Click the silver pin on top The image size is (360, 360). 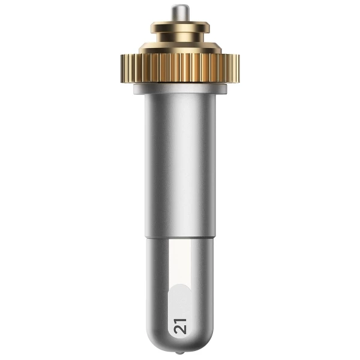180,13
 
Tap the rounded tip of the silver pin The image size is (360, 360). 180,6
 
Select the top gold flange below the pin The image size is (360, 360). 180,27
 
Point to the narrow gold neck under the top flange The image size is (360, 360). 180,37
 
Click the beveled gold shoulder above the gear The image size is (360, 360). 180,48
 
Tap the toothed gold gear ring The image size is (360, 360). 180,68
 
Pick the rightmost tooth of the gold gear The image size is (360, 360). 238,68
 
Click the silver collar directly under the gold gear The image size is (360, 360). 180,89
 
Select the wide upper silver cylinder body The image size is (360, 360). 180,166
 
